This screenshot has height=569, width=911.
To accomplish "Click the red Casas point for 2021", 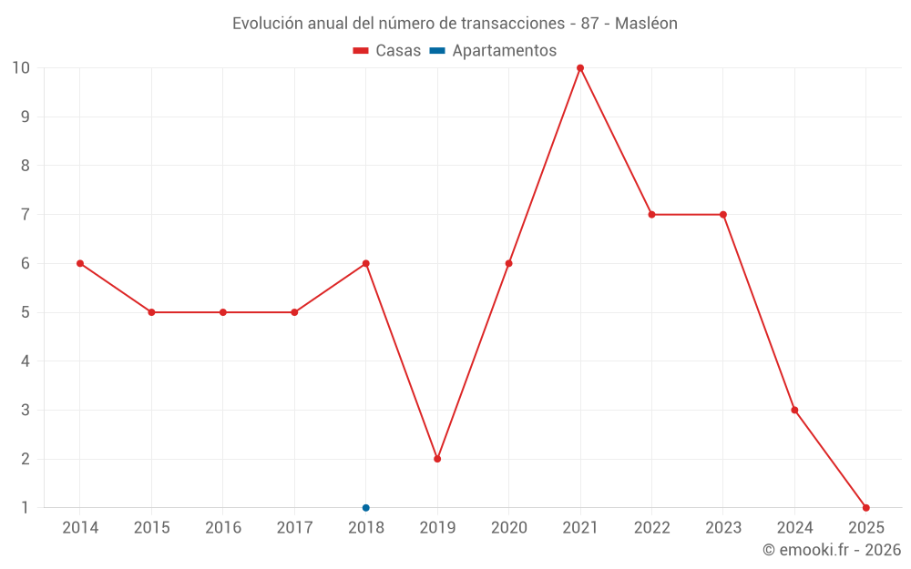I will click(x=580, y=68).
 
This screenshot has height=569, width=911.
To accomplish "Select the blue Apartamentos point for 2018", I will click(x=366, y=508).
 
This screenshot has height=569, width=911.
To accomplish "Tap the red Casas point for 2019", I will click(x=437, y=459).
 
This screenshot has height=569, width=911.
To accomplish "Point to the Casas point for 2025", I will click(x=866, y=508).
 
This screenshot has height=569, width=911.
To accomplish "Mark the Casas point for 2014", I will click(x=80, y=263).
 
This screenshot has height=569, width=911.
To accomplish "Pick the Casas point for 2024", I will click(x=794, y=410).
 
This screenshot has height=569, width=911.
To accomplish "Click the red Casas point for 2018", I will click(x=366, y=263).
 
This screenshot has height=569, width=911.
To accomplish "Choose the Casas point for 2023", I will click(x=723, y=215).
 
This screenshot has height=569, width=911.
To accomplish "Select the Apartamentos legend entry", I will click(x=504, y=51).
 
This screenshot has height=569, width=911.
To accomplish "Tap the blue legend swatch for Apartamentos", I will click(x=437, y=51).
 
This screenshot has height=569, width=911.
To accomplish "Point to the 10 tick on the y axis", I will click(x=21, y=68).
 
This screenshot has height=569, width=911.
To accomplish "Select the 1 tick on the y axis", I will click(x=26, y=508).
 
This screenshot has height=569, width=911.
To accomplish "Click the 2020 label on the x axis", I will click(x=508, y=528).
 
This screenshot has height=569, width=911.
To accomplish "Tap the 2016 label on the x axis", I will click(x=223, y=528).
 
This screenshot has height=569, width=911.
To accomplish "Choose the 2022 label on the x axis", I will click(x=651, y=528).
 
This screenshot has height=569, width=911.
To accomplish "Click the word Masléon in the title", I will click(x=646, y=24).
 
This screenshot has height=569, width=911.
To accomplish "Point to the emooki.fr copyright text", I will click(x=832, y=550).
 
